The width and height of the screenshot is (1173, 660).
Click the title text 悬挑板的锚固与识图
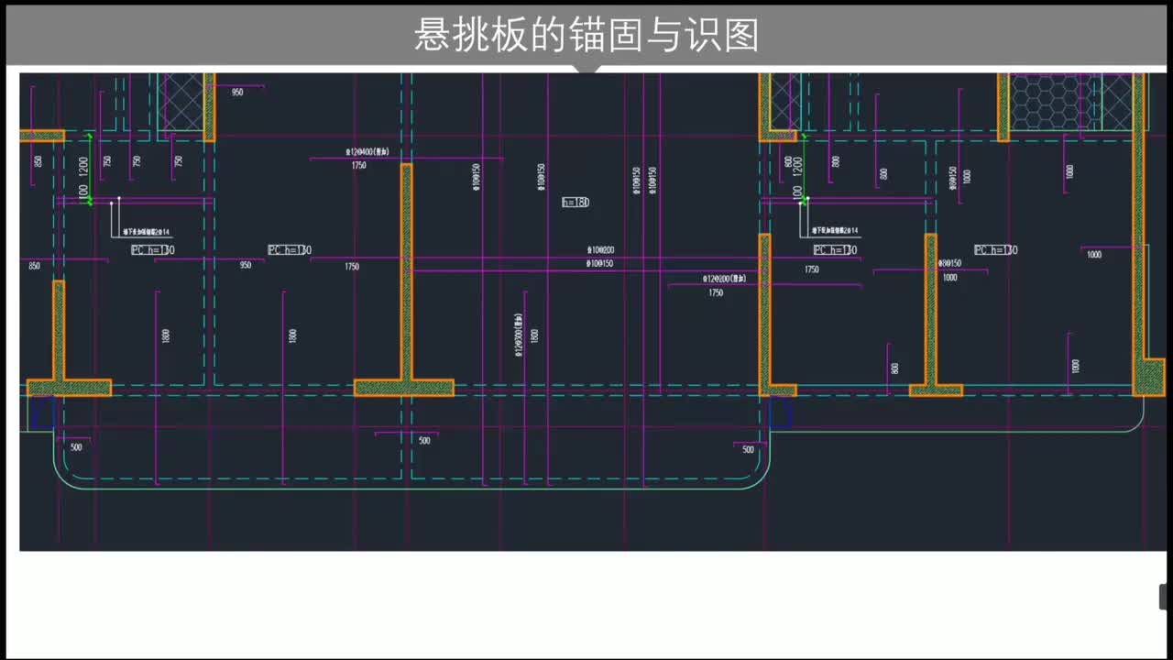[586, 35]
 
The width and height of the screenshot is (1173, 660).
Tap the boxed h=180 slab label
[576, 202]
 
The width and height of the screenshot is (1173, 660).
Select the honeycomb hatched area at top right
[1051, 102]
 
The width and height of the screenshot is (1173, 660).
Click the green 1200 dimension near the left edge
[83, 166]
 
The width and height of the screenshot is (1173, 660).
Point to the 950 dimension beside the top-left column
[237, 93]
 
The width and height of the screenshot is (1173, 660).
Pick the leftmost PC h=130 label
[152, 250]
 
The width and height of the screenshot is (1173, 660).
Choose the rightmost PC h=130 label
[995, 250]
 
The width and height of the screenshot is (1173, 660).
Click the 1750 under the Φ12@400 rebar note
[358, 166]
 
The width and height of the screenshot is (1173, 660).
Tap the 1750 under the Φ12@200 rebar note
[716, 293]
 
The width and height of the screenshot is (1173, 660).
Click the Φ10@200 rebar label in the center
[600, 250]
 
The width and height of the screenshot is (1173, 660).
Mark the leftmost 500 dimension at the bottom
[76, 447]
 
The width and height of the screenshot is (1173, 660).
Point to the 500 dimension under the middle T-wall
[424, 441]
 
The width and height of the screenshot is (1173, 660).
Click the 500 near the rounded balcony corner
[748, 450]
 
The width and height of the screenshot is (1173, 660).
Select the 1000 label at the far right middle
[1094, 255]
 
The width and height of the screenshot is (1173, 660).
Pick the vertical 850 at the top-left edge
[38, 161]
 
